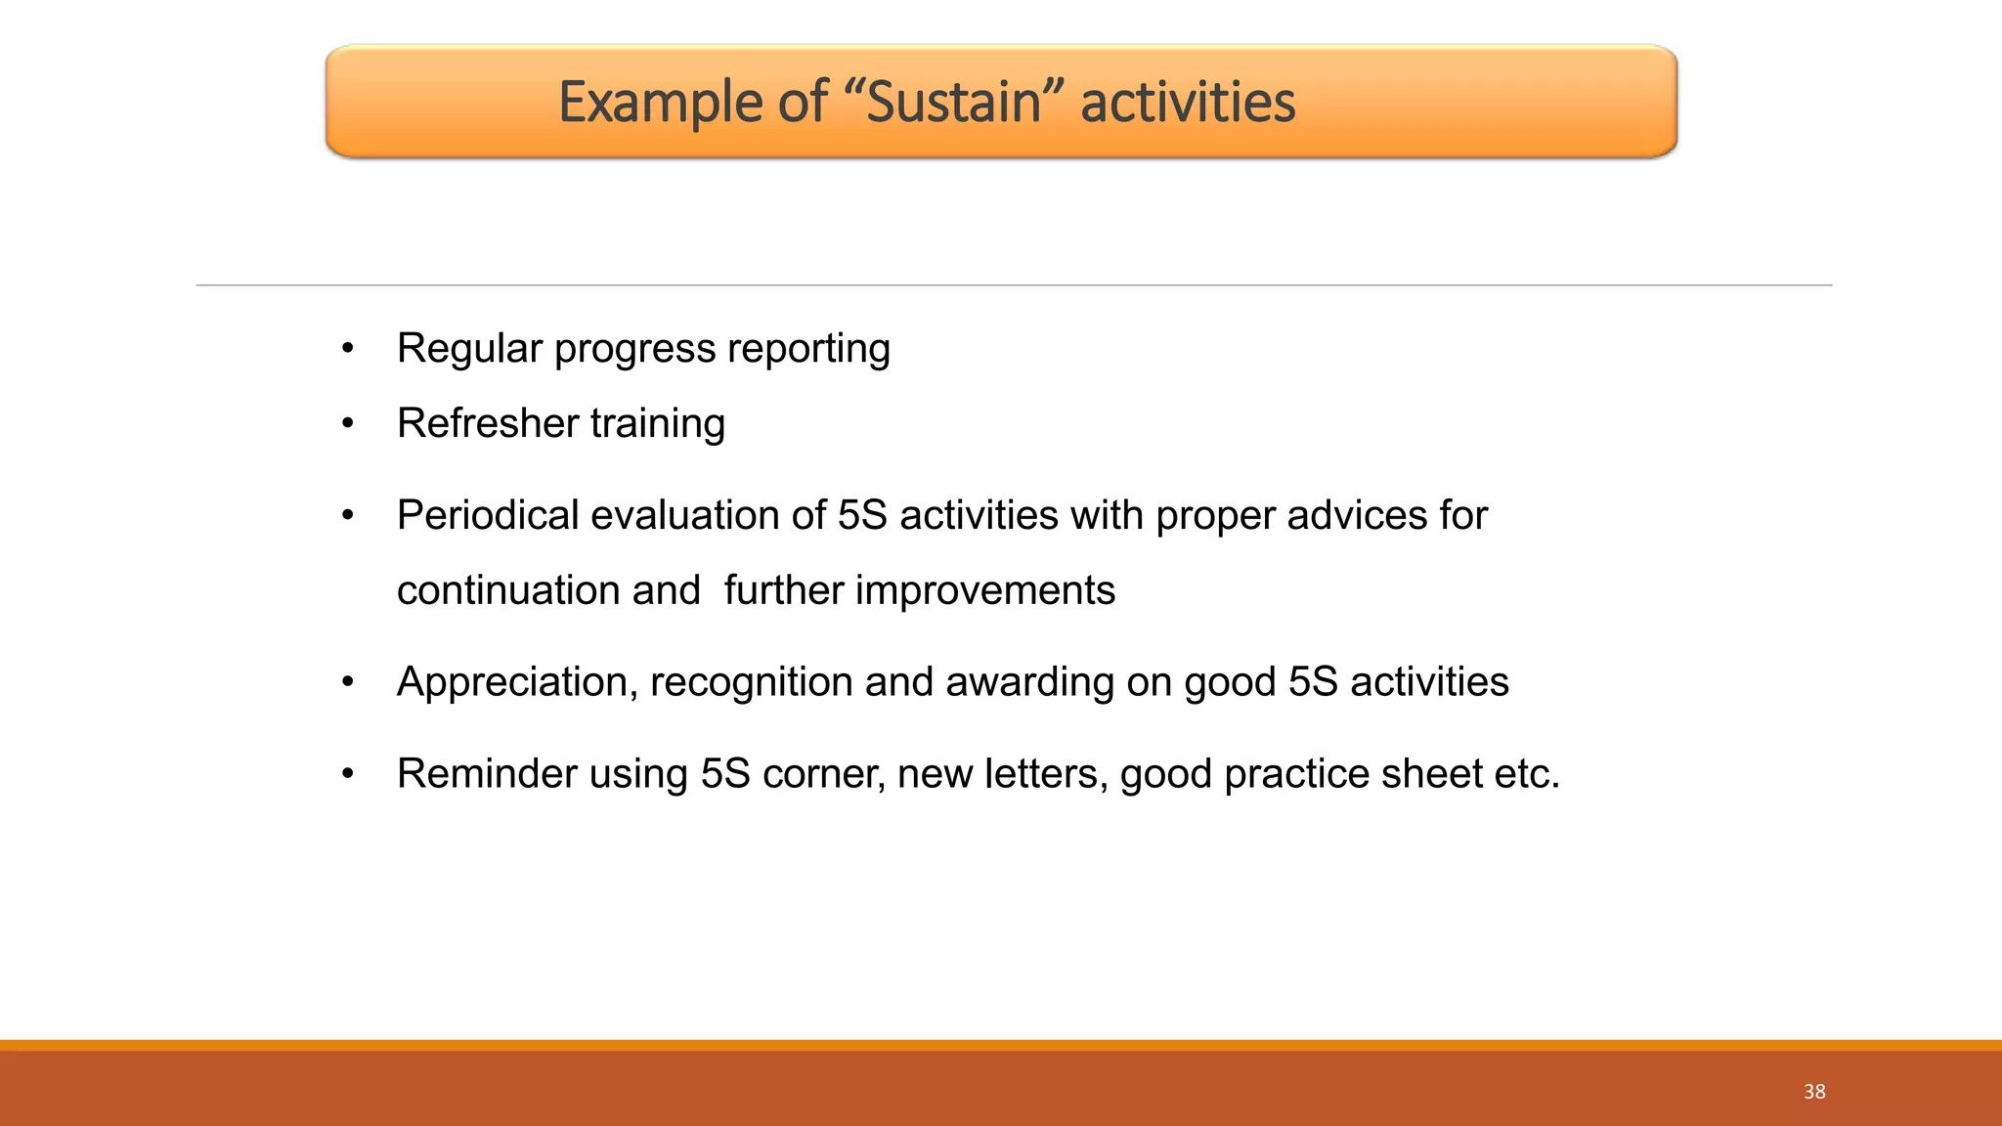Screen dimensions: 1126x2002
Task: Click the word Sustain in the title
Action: pos(954,102)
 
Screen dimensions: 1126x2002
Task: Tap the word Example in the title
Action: pos(660,102)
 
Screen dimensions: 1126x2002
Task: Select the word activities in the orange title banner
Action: pos(1188,102)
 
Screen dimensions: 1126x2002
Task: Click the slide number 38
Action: pos(1814,1092)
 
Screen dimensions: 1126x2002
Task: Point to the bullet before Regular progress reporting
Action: pos(348,349)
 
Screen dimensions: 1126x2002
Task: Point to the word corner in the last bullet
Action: pos(823,773)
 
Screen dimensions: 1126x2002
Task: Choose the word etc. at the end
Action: pos(1527,773)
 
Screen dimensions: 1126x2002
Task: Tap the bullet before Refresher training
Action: pos(348,424)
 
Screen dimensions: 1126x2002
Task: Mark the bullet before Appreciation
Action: pos(348,682)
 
